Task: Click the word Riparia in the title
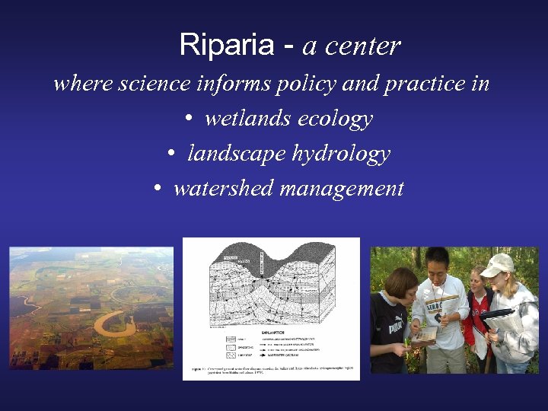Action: pyautogui.click(x=226, y=46)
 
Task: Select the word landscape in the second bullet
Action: pyautogui.click(x=236, y=154)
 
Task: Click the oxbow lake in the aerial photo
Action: pyautogui.click(x=114, y=323)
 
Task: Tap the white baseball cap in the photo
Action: pyautogui.click(x=497, y=264)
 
